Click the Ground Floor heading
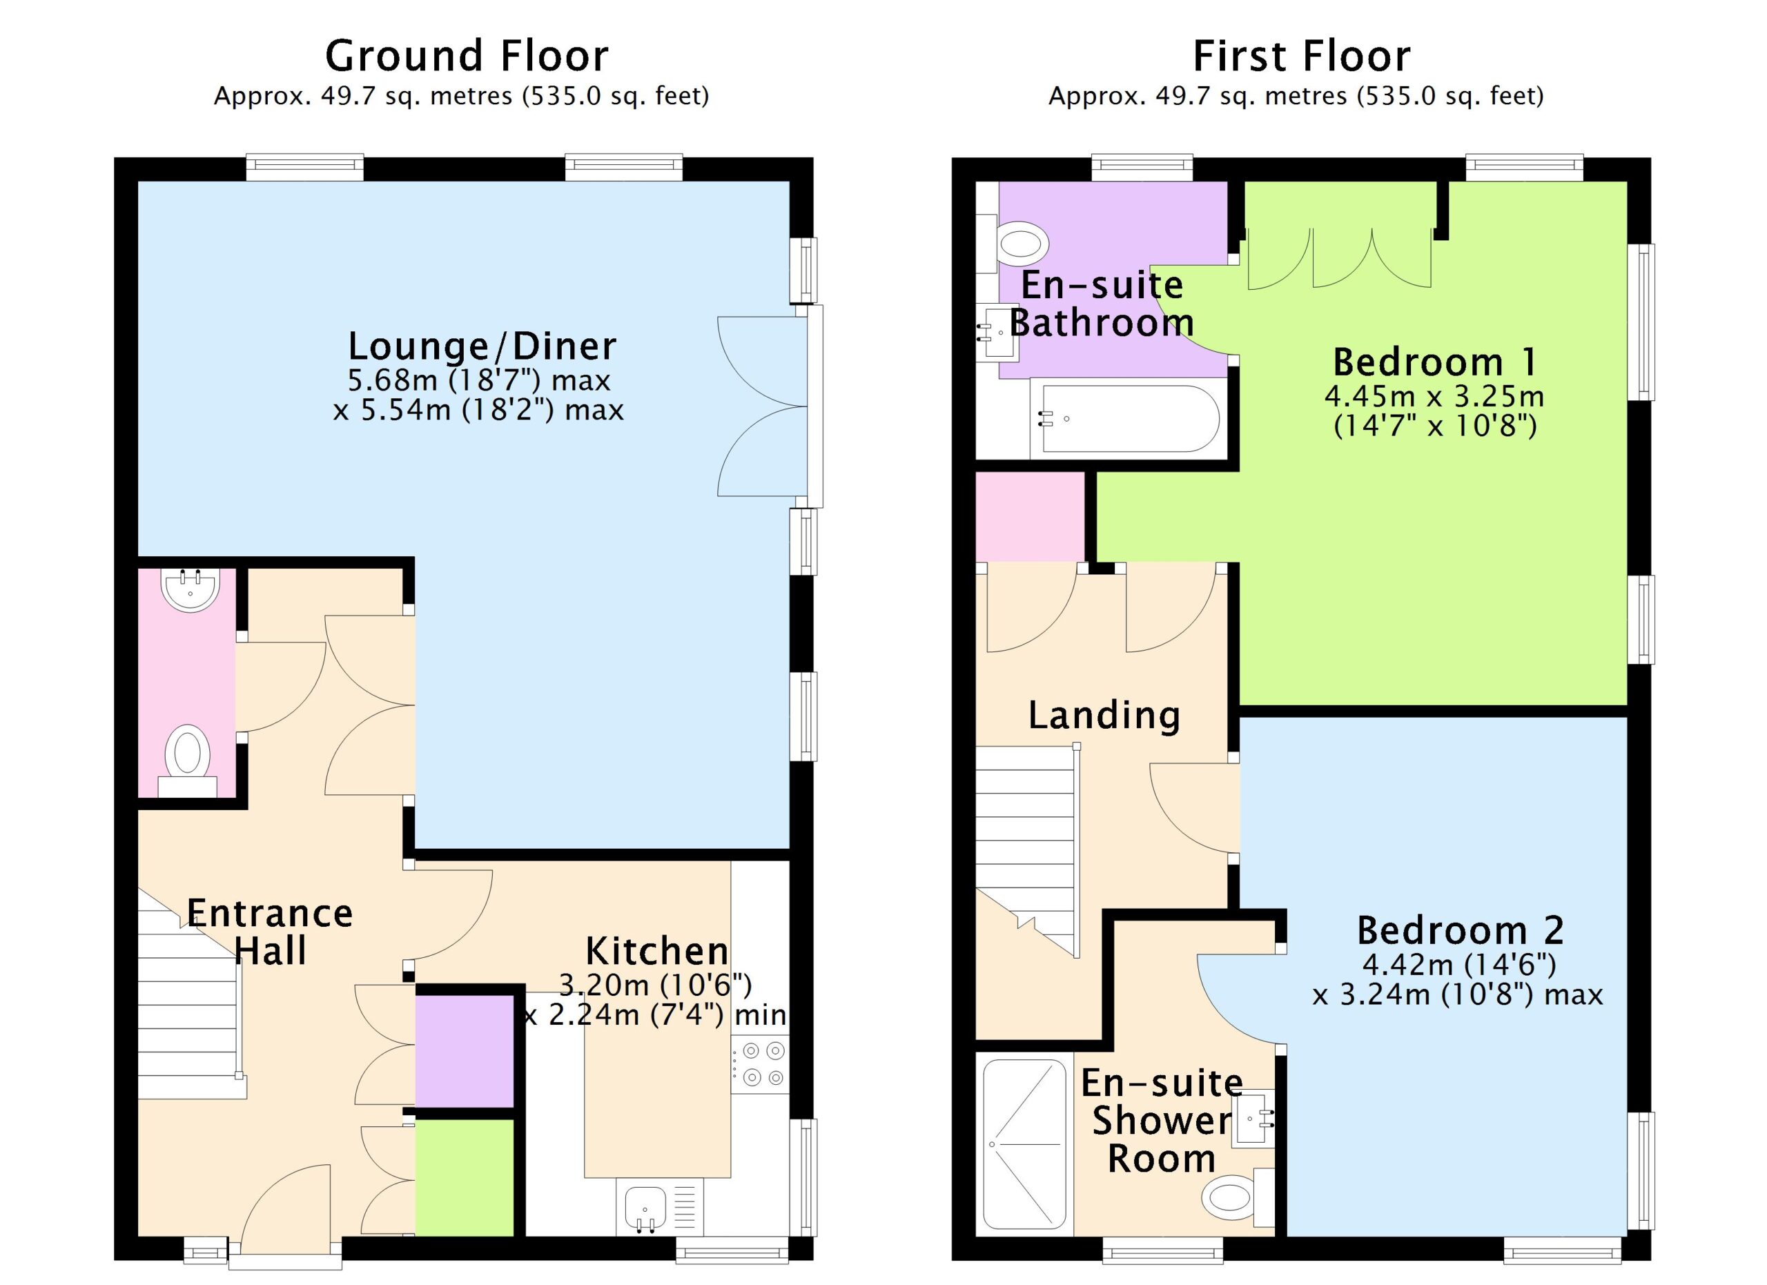[x=466, y=56]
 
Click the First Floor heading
[x=1302, y=56]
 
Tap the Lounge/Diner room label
[x=482, y=346]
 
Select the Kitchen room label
[x=657, y=950]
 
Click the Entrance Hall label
[x=270, y=932]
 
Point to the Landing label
[x=1104, y=715]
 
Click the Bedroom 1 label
[x=1435, y=362]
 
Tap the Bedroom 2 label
[x=1460, y=930]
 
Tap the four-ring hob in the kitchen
[x=761, y=1064]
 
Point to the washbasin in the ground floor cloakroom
[x=190, y=589]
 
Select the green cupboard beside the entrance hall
[x=465, y=1177]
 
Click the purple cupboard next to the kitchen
[x=465, y=1050]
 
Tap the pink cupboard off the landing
[x=1031, y=516]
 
